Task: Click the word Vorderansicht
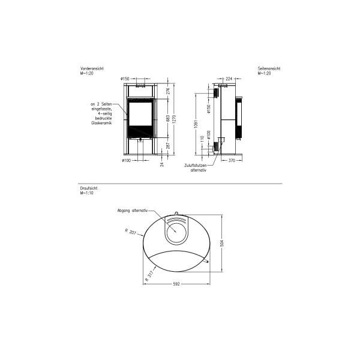(x=92, y=69)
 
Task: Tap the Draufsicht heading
(x=88, y=188)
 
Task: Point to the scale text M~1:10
(x=87, y=193)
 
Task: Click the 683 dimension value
(x=168, y=119)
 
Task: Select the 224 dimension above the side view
(x=229, y=78)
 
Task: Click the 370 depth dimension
(x=231, y=161)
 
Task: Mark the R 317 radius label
(x=151, y=275)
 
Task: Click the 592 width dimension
(x=177, y=284)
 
